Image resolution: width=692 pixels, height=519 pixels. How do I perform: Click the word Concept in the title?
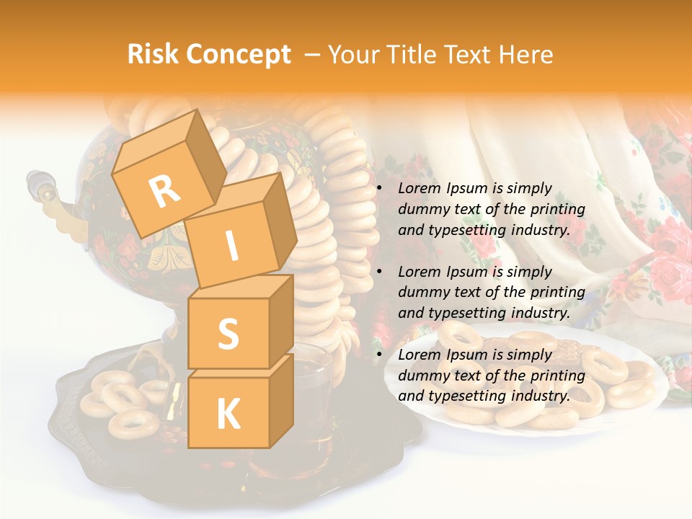click(238, 56)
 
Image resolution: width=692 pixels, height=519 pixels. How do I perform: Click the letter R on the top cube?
click(164, 192)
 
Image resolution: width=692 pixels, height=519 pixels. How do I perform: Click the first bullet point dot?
click(380, 189)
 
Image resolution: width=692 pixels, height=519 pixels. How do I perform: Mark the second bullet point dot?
click(380, 272)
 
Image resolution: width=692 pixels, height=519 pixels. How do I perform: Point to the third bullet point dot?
click(380, 355)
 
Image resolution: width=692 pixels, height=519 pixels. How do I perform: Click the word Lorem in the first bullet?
click(418, 189)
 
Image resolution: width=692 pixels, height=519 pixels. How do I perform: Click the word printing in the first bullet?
click(557, 210)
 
